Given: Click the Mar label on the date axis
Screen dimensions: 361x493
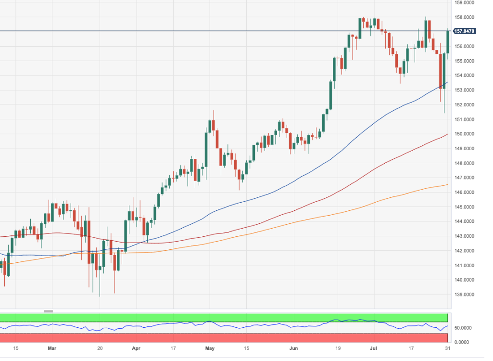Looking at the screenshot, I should click(52, 348).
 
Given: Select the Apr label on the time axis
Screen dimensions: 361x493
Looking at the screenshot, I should click(136, 348).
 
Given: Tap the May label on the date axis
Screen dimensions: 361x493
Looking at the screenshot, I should click(209, 348).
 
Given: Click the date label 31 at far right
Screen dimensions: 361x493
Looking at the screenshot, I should click(448, 348).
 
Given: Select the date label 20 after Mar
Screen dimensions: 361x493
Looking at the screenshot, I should click(100, 348).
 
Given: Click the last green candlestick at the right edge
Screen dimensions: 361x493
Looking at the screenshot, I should click(448, 41).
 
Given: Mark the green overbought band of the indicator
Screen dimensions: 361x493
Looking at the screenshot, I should click(224, 318).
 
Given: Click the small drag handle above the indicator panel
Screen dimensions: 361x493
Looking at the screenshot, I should click(48, 311).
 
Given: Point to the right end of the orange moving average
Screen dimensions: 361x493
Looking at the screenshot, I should click(447, 184).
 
